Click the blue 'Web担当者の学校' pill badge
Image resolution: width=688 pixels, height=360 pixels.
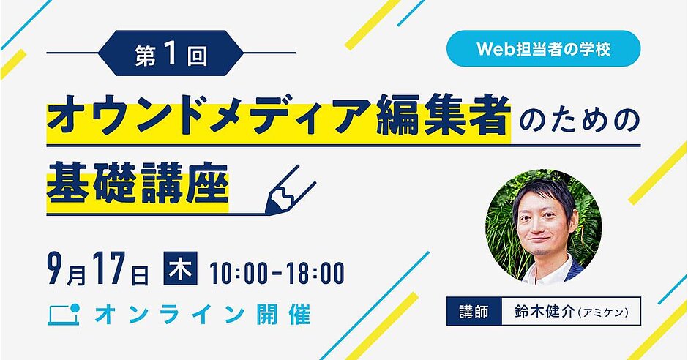pyautogui.click(x=543, y=49)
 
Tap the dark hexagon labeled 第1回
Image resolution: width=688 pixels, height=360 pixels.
pyautogui.click(x=171, y=53)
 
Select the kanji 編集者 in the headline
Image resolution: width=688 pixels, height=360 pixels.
pyautogui.click(x=443, y=116)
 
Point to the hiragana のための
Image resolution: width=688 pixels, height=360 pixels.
pyautogui.click(x=579, y=118)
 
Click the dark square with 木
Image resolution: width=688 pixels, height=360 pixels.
pyautogui.click(x=180, y=268)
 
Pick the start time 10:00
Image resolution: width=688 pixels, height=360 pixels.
pyautogui.click(x=239, y=273)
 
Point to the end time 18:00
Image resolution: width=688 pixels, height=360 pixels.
pyautogui.click(x=315, y=273)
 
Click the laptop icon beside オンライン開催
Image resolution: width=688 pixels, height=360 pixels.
pyautogui.click(x=64, y=314)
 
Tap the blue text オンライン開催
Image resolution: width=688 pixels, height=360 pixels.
pyautogui.click(x=202, y=315)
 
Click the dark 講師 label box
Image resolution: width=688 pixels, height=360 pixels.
pyautogui.click(x=474, y=311)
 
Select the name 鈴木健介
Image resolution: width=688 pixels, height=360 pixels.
pyautogui.click(x=544, y=312)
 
